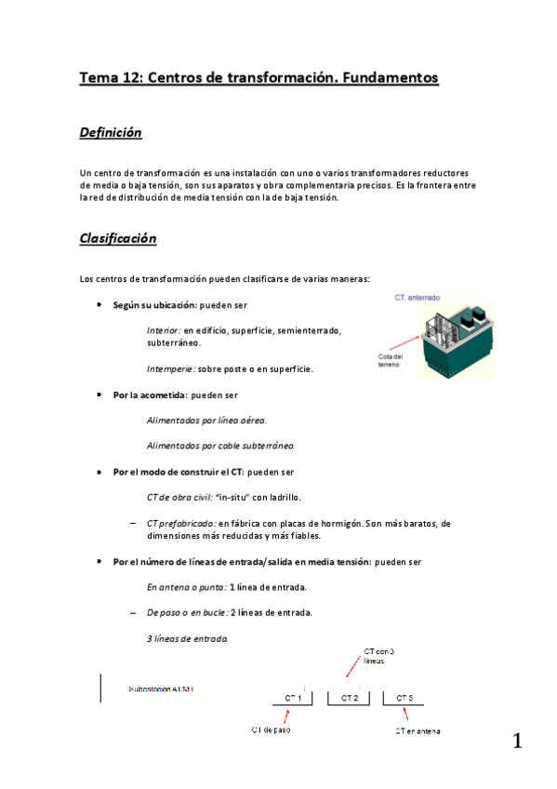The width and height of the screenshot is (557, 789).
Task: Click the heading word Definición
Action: (x=111, y=133)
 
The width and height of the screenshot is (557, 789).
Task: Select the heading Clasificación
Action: (x=118, y=239)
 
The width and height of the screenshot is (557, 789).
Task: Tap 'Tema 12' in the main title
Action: (x=110, y=78)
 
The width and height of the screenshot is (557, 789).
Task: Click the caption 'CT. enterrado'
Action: (x=418, y=298)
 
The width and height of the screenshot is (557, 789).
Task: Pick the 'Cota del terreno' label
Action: (x=391, y=361)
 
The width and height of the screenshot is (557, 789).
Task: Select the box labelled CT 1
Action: (x=293, y=697)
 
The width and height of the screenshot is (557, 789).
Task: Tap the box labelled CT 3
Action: (x=404, y=697)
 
